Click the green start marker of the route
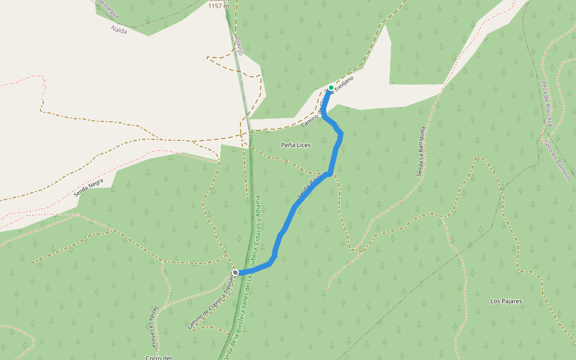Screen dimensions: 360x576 pos(331,88)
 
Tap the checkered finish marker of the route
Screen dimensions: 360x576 pos(235,272)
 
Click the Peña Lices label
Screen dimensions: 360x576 pos(296,145)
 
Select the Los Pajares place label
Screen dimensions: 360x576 pos(506,301)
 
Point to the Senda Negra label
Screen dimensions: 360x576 pos(88,188)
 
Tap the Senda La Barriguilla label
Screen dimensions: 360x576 pos(422,151)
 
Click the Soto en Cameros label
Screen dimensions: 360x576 pos(557,161)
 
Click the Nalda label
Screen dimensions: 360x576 pos(119,30)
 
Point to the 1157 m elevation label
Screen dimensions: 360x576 pos(217,7)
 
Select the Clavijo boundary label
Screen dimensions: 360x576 pos(239,46)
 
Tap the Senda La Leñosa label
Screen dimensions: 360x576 pos(154,326)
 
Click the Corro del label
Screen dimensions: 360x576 pos(158,358)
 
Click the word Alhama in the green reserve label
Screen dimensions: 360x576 pos(258,210)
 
